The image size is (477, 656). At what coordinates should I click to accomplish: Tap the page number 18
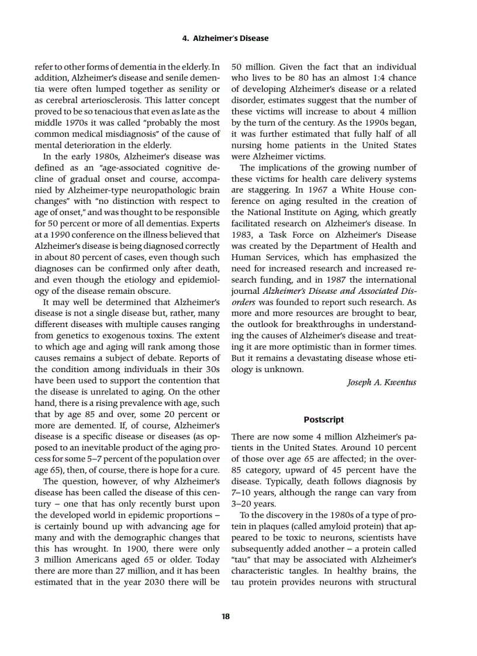tap(226, 615)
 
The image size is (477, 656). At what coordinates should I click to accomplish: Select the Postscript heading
tap(323, 419)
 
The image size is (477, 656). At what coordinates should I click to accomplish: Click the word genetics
tap(71, 335)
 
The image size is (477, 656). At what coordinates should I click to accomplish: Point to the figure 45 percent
tap(344, 470)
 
